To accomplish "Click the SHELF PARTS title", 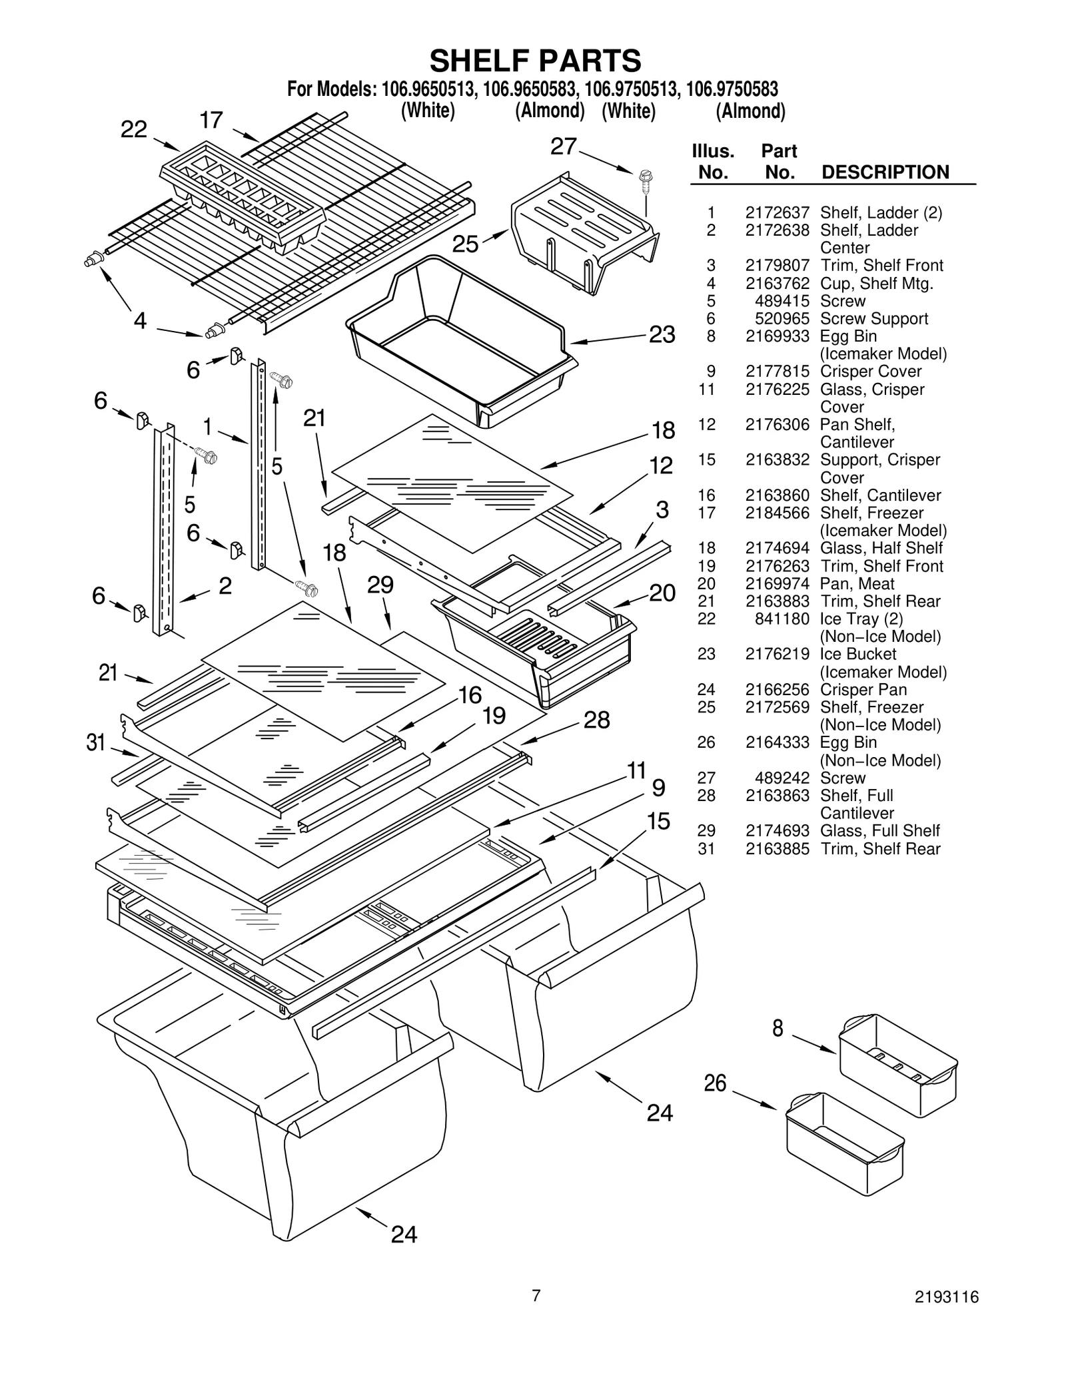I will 535,61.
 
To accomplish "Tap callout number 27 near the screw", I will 563,146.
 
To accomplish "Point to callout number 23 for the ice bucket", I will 662,334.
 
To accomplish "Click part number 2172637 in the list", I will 777,212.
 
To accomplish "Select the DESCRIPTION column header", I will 885,172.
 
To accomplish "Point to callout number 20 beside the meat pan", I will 662,593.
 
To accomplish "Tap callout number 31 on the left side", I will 97,742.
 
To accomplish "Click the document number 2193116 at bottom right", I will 946,1315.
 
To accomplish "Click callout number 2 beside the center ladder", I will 225,586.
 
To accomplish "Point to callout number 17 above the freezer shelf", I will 211,120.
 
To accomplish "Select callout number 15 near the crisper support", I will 658,821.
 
